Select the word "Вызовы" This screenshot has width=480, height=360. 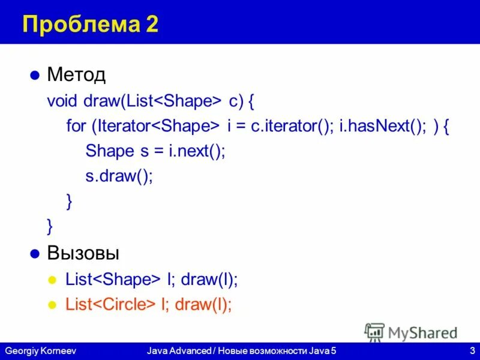click(x=83, y=253)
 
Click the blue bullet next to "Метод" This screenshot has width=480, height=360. click(x=35, y=76)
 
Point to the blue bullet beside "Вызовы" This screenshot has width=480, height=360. click(x=35, y=253)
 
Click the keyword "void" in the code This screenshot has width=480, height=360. click(x=62, y=100)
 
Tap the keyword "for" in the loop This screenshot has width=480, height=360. click(x=76, y=126)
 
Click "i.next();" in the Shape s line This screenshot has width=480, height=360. click(x=191, y=151)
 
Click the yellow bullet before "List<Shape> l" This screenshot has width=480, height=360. click(x=52, y=280)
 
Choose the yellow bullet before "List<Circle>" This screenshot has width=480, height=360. click(x=52, y=305)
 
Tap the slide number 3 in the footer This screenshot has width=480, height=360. click(x=473, y=350)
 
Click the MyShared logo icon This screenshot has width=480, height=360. click(x=374, y=332)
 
